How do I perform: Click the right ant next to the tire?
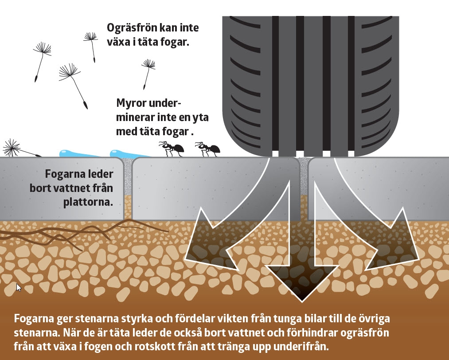207,149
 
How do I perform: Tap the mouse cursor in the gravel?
19,287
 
